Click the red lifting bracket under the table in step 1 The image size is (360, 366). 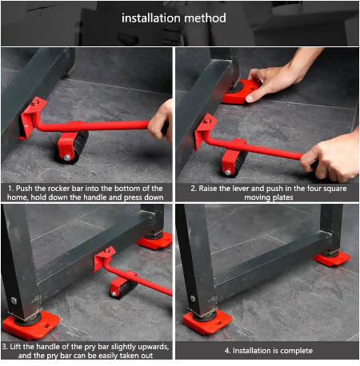[32, 116]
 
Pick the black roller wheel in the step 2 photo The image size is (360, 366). [235, 163]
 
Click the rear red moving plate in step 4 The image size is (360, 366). [332, 257]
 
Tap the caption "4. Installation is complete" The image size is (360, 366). [268, 350]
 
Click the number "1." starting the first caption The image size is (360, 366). [8, 188]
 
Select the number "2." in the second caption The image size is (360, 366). [193, 188]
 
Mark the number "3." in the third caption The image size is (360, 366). [6, 345]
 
